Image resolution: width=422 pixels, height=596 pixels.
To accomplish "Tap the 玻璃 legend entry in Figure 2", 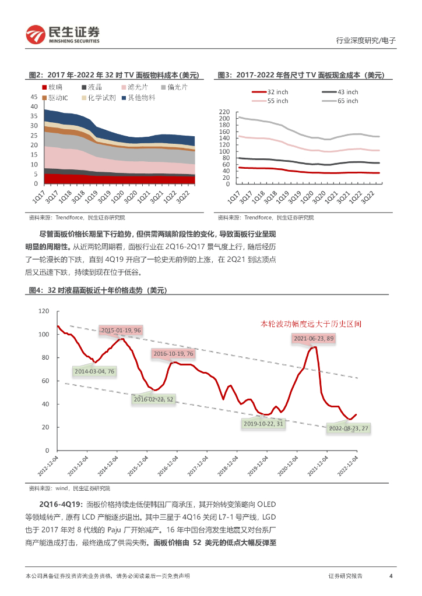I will click(x=52, y=87).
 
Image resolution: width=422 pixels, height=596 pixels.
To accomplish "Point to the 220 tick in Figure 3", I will click(x=224, y=111).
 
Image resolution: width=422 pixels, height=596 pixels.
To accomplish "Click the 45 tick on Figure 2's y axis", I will click(x=33, y=97).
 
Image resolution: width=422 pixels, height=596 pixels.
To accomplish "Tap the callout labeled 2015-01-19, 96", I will click(x=121, y=330).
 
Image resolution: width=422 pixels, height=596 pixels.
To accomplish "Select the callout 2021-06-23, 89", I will click(x=314, y=338).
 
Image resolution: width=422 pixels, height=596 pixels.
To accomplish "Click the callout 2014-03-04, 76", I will click(x=95, y=371).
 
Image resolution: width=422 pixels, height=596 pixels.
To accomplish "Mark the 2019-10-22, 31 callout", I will click(x=264, y=424).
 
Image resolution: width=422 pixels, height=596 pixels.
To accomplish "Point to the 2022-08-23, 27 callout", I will click(x=349, y=428).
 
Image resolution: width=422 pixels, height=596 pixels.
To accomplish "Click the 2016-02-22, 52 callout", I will click(x=154, y=399).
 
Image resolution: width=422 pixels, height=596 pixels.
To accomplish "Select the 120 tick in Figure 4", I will click(x=44, y=311).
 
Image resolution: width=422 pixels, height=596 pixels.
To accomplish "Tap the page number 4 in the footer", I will click(x=391, y=576).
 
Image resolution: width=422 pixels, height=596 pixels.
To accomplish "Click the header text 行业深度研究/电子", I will click(x=367, y=41).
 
